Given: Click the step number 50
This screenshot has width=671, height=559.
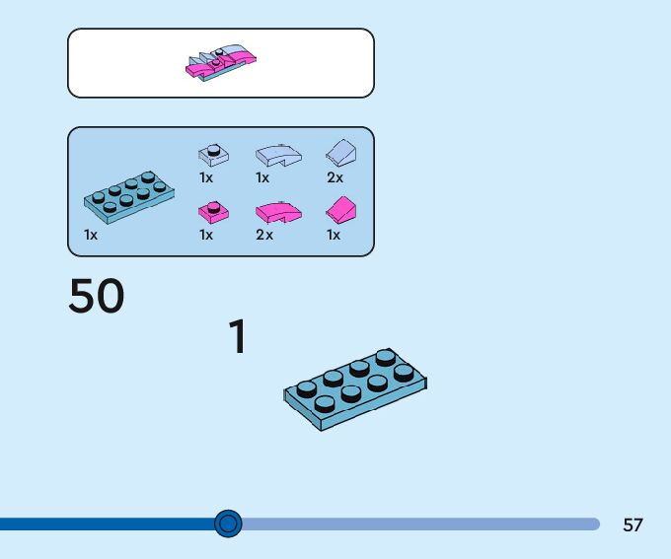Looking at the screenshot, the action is [x=97, y=296].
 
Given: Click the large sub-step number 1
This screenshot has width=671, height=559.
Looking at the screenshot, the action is [x=238, y=337].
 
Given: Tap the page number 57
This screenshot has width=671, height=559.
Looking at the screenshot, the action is [x=633, y=524].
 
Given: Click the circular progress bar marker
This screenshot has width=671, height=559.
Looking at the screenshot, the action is [x=228, y=524].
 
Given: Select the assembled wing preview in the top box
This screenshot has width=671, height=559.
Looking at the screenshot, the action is [x=221, y=63].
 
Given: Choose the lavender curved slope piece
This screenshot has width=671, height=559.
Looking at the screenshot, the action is [x=277, y=154].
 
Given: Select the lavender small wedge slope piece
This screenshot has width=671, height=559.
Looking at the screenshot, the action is [x=340, y=152].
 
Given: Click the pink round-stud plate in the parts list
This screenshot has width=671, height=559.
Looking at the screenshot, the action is [x=213, y=210].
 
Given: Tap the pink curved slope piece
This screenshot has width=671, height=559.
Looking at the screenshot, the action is [x=277, y=211].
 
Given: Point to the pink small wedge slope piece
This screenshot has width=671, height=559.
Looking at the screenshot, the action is [x=340, y=209].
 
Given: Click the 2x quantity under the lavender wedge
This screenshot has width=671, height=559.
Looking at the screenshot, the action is [x=335, y=178].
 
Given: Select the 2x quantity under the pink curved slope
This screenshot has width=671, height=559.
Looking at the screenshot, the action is [x=264, y=236].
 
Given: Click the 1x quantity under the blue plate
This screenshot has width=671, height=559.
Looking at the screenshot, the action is [x=91, y=236].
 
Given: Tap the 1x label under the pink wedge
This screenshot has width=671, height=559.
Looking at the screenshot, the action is [x=334, y=236].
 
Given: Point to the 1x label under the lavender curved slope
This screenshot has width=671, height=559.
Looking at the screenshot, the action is [x=262, y=178].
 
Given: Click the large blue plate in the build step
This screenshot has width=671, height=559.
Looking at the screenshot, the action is [x=355, y=389].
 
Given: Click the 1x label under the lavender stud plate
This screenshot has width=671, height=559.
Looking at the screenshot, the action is [x=206, y=178].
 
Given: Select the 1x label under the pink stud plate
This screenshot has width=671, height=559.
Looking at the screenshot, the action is [x=206, y=236].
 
